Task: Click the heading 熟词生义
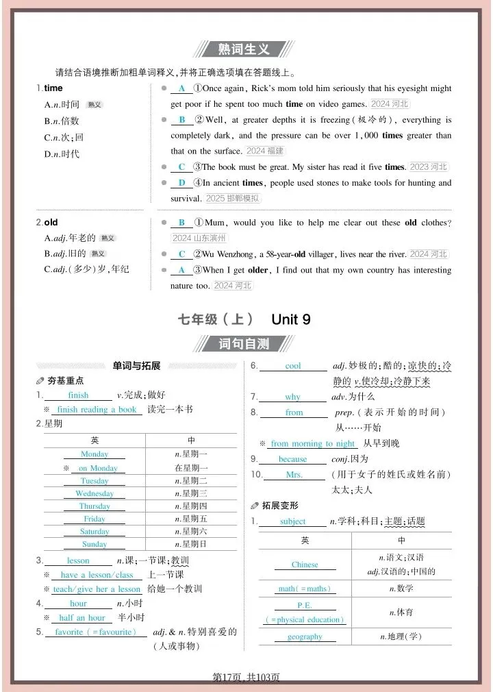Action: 244,49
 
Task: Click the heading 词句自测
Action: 244,344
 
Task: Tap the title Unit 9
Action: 291,319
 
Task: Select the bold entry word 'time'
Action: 53,88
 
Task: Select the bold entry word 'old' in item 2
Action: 51,223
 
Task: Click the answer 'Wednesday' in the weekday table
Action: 94,493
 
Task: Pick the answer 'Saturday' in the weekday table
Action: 94,532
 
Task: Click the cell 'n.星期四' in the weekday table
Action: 191,506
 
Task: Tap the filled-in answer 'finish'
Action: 78,395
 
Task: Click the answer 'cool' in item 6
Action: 293,366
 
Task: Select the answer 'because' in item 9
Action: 293,459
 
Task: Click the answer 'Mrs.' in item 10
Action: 294,475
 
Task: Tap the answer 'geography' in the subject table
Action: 305,637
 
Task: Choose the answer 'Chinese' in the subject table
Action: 305,565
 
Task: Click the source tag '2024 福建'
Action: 264,151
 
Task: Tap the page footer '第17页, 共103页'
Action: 246,677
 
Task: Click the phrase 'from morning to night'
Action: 313,443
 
